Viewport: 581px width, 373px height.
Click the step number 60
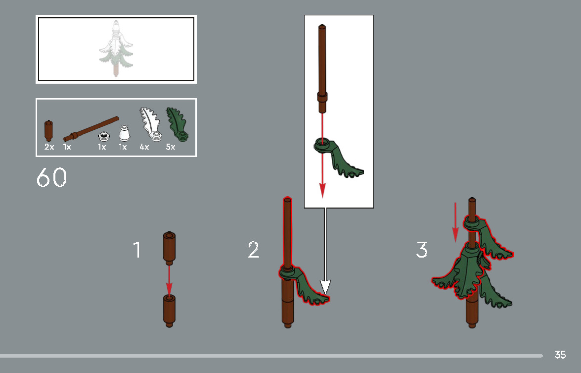[51, 178]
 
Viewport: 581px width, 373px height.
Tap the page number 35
[560, 355]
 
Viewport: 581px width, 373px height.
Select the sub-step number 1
[137, 250]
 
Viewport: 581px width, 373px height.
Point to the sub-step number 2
[253, 250]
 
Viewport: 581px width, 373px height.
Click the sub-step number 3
[421, 250]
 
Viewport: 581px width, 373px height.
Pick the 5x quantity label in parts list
[171, 147]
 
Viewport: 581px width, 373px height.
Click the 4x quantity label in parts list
[144, 147]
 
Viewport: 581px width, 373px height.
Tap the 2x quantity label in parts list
[49, 147]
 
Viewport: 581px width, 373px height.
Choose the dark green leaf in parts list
[177, 124]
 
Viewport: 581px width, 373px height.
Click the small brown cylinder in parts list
[48, 131]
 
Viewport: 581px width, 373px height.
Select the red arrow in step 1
[169, 280]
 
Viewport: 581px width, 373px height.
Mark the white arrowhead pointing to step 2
[325, 287]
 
